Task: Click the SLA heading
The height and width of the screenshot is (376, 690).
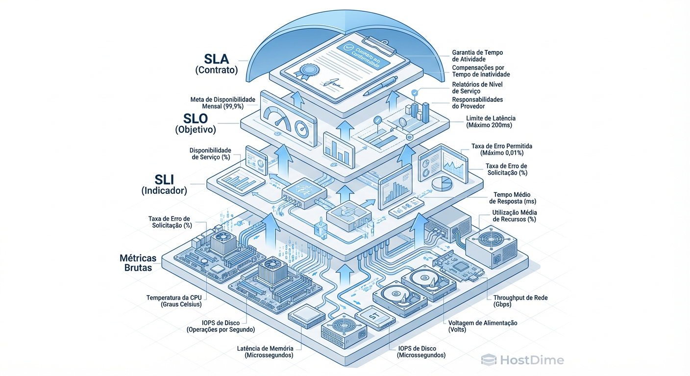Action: [216, 59]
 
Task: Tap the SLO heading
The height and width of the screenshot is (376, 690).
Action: [195, 118]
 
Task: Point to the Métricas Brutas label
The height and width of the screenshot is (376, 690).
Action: [138, 262]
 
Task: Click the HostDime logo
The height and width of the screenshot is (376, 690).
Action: [522, 360]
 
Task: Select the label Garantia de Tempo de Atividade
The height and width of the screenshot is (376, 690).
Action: [477, 56]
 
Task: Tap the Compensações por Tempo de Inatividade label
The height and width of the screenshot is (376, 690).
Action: [481, 71]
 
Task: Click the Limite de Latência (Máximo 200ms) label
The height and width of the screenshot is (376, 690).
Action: [489, 122]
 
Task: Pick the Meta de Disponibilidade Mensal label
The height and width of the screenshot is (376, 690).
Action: [223, 103]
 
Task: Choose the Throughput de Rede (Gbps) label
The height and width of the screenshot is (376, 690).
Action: [520, 301]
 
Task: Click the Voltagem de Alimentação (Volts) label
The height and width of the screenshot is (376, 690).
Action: [483, 326]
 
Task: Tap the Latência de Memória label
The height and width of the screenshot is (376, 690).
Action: [265, 352]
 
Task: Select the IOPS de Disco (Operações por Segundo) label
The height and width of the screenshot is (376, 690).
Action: [221, 326]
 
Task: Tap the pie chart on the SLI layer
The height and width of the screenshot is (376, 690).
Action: [443, 184]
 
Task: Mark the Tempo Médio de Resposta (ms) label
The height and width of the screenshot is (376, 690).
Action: [513, 198]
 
